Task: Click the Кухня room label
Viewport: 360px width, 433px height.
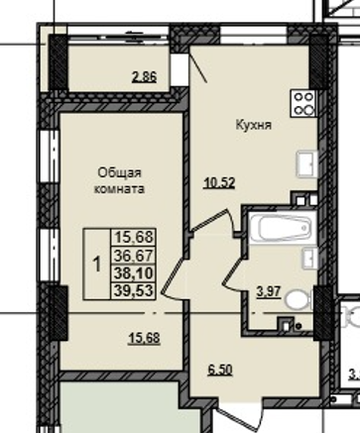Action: pos(254,126)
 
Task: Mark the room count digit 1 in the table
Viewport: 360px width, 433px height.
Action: pos(97,264)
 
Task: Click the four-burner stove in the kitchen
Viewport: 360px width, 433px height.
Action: pos(302,102)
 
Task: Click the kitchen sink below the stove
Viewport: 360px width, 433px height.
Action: pos(305,162)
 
